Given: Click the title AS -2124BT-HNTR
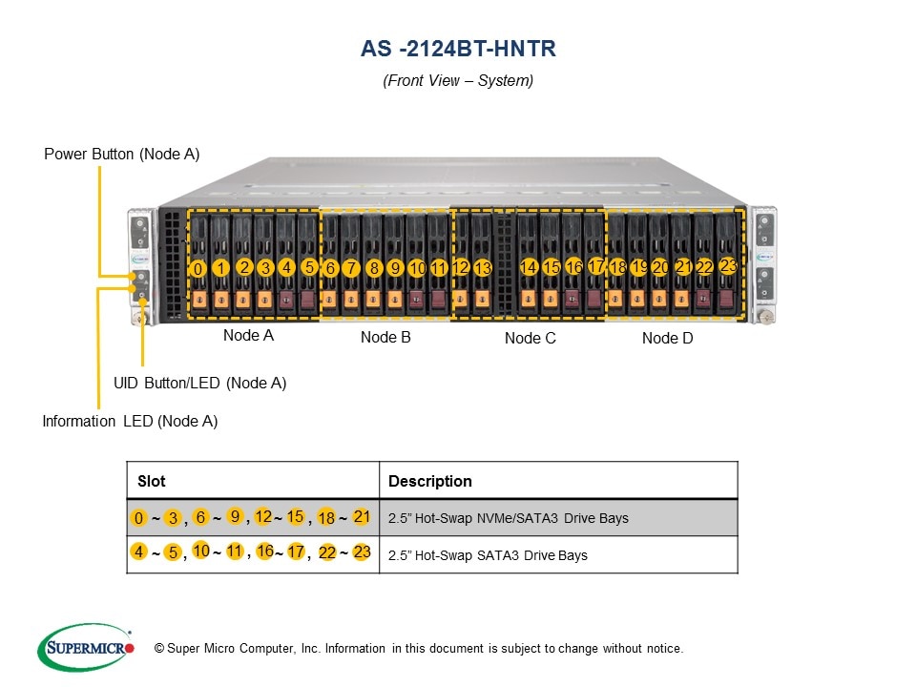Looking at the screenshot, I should (x=458, y=49).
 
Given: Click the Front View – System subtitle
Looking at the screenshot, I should (x=458, y=80).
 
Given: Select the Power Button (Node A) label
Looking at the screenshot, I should (x=122, y=154).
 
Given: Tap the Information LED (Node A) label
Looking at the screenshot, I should (x=130, y=421).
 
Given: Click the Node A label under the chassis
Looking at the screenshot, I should (x=248, y=335).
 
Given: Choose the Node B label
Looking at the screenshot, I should (x=385, y=337).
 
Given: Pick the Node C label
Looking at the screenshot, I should (x=530, y=338).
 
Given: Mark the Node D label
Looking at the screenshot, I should (x=667, y=338).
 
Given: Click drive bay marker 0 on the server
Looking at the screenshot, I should (x=198, y=270).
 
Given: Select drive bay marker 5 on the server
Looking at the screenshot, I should (x=309, y=267).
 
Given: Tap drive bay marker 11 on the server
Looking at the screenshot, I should (x=439, y=268).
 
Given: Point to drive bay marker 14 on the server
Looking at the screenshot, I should (x=529, y=267).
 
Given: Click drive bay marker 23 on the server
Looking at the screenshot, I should (x=728, y=265).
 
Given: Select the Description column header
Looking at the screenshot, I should (x=429, y=481).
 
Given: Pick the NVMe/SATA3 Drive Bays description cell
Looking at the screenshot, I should (x=508, y=518).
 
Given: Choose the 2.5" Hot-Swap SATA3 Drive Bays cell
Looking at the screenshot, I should (x=488, y=555).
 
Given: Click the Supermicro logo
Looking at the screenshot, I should (x=86, y=648).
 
